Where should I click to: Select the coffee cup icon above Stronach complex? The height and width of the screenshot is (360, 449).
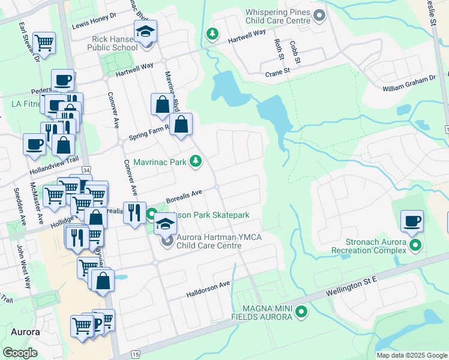point(412,221)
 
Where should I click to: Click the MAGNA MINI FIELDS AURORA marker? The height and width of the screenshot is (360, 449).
point(302,311)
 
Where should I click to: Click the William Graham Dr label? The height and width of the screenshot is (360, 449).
point(409,83)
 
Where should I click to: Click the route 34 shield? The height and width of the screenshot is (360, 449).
point(86,170)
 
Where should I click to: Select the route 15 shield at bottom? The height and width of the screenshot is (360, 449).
point(136,355)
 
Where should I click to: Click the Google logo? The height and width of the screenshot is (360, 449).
point(20,353)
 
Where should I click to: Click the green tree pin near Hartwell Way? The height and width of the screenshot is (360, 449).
point(211,35)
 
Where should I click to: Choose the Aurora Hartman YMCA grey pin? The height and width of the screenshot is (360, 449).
point(167,242)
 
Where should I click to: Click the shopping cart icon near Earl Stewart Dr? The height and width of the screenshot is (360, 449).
point(44,43)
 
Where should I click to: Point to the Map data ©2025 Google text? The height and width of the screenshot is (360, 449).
point(411,355)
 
